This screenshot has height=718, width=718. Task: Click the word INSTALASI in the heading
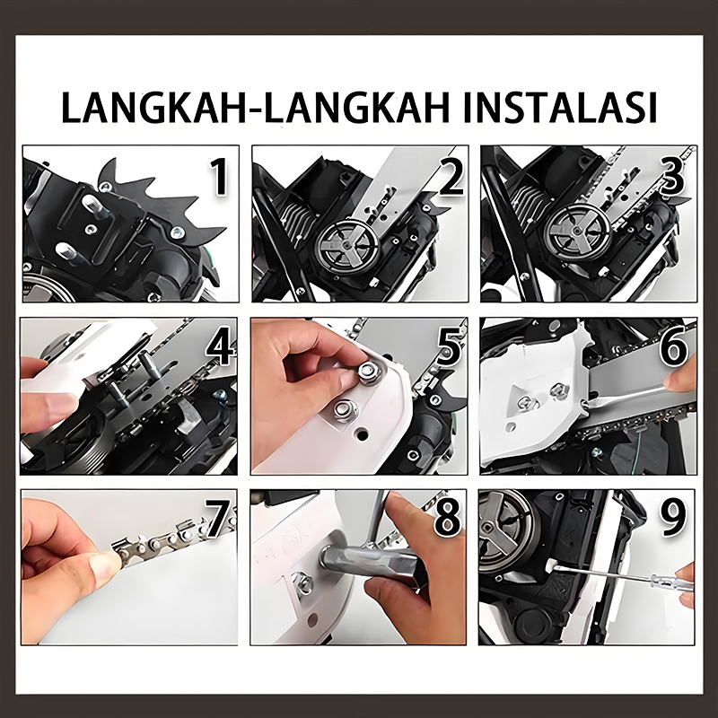click(560, 107)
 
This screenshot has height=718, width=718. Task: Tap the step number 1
click(219, 177)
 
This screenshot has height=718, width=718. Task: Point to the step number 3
click(672, 174)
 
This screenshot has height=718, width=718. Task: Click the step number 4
click(220, 347)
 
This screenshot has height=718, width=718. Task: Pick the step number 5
click(450, 347)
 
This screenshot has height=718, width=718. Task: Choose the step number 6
click(674, 347)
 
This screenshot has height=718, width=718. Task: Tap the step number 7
click(217, 518)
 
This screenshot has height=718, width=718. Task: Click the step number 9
click(673, 516)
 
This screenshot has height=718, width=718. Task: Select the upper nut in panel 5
click(370, 371)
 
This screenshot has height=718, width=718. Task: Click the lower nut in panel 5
click(346, 409)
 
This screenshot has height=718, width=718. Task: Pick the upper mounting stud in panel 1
click(94, 204)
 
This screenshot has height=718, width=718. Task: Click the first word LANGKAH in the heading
click(154, 107)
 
